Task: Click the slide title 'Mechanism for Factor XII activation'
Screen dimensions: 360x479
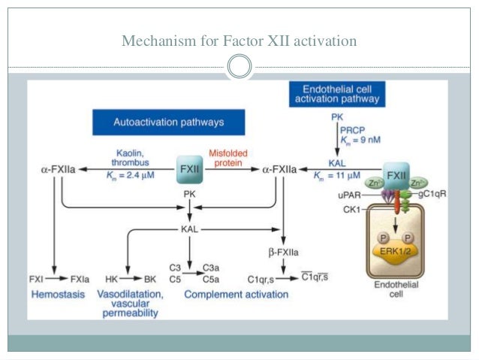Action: tap(239, 41)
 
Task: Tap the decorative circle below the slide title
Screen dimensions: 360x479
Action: tap(239, 68)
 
